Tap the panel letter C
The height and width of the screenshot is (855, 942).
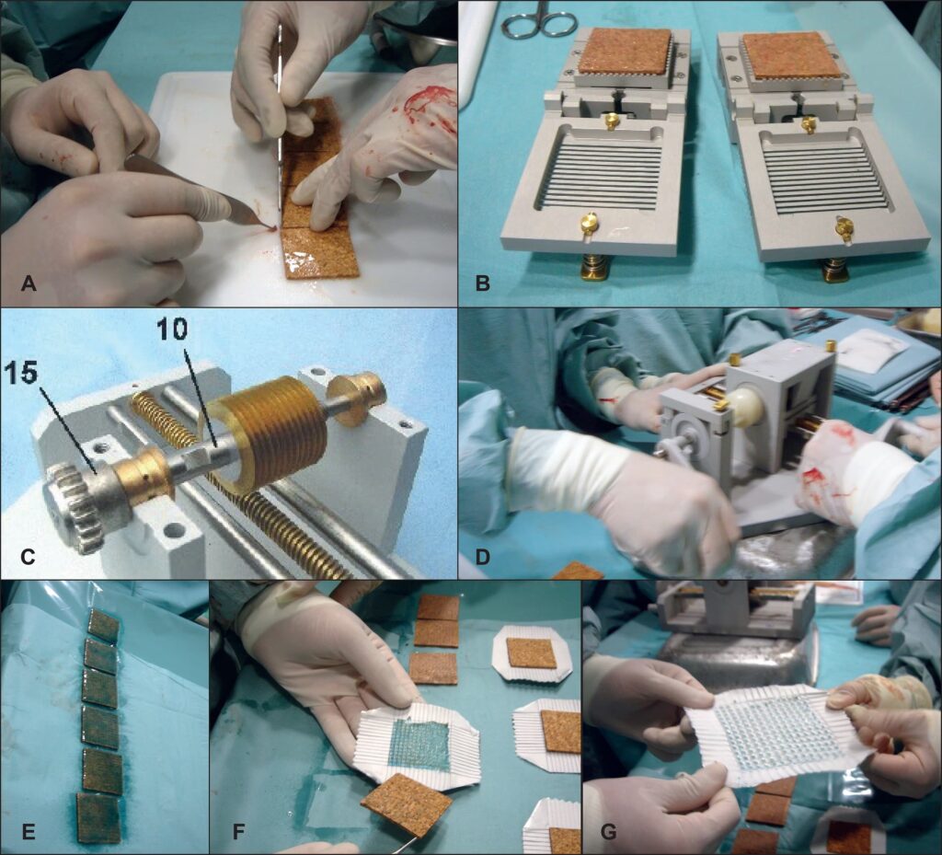click(29, 557)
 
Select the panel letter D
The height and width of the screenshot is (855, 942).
click(482, 557)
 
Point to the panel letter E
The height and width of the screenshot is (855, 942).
click(29, 832)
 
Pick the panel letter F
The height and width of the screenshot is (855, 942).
click(238, 832)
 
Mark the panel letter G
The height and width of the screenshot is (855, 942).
click(609, 832)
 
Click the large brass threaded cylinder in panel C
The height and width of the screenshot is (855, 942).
click(271, 428)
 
